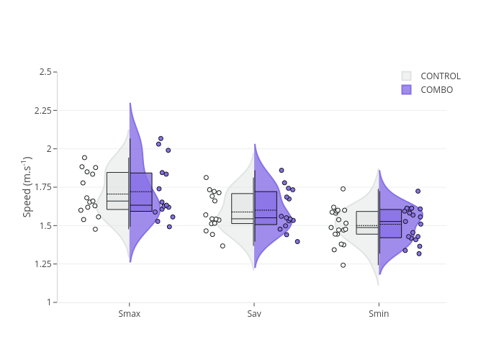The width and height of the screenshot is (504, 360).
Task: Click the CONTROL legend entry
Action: pos(440,76)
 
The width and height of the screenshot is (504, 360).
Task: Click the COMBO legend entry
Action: pos(436,90)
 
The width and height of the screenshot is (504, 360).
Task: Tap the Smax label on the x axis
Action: pos(130,315)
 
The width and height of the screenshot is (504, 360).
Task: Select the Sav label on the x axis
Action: pos(254,315)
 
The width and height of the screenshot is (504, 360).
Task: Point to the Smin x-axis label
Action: pos(379,315)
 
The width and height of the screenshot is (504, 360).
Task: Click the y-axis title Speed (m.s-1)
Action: pos(27,186)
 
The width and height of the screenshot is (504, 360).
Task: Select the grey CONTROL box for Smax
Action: pos(117,191)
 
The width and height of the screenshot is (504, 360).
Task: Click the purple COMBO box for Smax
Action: pos(141,192)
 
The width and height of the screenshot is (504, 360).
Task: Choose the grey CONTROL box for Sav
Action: pos(242,209)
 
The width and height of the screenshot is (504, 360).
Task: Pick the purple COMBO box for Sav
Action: pos(266,208)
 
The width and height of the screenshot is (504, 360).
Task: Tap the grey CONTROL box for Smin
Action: pos(366,222)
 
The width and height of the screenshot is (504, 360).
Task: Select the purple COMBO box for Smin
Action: pos(390,223)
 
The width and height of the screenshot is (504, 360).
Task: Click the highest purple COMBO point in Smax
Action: pos(161,138)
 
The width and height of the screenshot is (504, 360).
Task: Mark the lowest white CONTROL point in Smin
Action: pos(343,265)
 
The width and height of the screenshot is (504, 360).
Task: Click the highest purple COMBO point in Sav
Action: pos(282,171)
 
